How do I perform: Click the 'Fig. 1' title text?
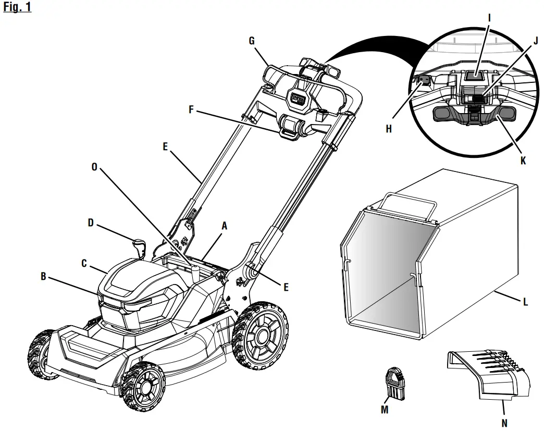[17, 9]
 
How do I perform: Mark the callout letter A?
[225, 227]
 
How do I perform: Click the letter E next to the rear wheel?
[287, 286]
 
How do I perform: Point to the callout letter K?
[523, 161]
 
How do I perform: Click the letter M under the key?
[385, 410]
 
